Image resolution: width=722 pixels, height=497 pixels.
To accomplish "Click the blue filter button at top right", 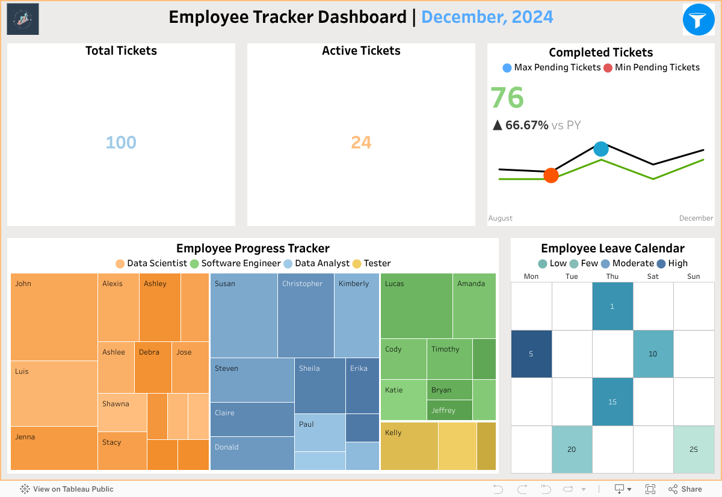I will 698,20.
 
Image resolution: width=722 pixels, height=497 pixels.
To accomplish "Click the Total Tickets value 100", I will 121,142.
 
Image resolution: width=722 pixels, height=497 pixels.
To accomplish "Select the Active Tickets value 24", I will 361,142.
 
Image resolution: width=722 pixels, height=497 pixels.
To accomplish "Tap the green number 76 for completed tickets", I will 507,98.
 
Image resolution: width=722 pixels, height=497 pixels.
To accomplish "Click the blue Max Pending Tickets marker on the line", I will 600,148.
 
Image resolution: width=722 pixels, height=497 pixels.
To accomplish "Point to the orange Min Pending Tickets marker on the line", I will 551,175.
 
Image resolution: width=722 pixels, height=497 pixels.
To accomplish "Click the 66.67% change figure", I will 526,125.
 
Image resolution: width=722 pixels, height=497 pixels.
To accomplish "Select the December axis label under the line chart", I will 696,218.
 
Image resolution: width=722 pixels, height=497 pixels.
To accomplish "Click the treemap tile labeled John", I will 54,317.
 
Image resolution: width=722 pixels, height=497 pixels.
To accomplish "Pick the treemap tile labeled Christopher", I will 306,316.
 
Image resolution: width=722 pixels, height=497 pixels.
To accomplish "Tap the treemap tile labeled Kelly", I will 409,446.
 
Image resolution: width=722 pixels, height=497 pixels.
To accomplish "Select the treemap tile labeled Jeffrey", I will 449,410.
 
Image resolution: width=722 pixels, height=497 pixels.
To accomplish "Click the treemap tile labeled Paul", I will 319,432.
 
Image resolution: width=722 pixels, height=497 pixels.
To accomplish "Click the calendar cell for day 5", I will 531,354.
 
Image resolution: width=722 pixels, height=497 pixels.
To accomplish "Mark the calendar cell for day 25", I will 693,450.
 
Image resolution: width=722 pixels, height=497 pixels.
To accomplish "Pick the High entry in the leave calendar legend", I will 672,263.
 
